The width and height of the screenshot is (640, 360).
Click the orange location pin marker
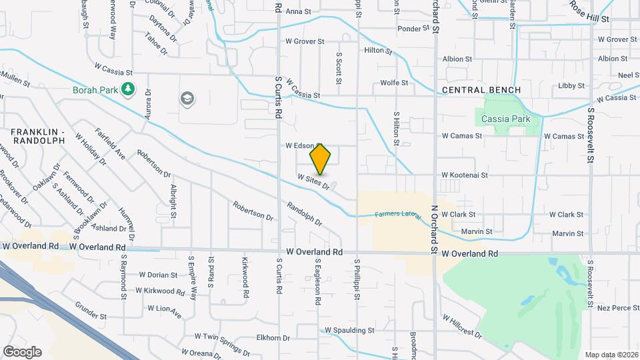[x=320, y=159]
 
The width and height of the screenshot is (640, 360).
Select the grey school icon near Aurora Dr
[x=187, y=99]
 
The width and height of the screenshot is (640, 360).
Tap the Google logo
[x=22, y=351]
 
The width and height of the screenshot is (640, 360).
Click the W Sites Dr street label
[x=314, y=182]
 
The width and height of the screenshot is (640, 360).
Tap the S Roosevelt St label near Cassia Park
[x=591, y=134]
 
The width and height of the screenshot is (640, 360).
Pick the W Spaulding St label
[x=349, y=330]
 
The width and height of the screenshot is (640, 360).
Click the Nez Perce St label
[x=618, y=307]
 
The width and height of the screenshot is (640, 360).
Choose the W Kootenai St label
[x=464, y=175]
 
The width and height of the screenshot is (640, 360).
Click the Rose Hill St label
[x=589, y=11]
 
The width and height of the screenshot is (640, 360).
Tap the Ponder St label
[x=414, y=29]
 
